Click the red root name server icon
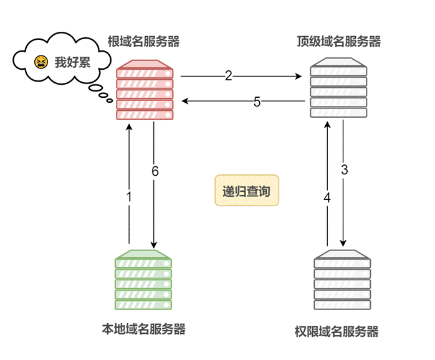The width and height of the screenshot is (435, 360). (145, 90)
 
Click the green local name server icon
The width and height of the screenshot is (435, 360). (143, 280)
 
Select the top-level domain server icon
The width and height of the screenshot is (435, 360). (339, 88)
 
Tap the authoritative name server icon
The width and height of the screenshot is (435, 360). (343, 280)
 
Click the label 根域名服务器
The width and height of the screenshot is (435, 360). (143, 42)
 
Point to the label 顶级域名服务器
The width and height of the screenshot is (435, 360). (338, 42)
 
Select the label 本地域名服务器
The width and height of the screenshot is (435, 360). (143, 329)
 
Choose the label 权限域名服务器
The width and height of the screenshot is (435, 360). (337, 331)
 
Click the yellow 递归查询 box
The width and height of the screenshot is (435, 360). (247, 191)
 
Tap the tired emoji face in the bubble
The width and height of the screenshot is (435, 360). (41, 62)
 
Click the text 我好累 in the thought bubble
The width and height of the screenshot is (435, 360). (67, 62)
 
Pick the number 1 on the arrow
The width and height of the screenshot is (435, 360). (129, 197)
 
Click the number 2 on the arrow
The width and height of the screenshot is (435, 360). (228, 76)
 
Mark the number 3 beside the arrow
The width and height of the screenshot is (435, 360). (344, 169)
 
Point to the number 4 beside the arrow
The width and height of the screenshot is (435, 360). (327, 197)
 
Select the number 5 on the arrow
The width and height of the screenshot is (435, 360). (257, 102)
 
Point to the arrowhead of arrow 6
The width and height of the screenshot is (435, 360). (153, 244)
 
